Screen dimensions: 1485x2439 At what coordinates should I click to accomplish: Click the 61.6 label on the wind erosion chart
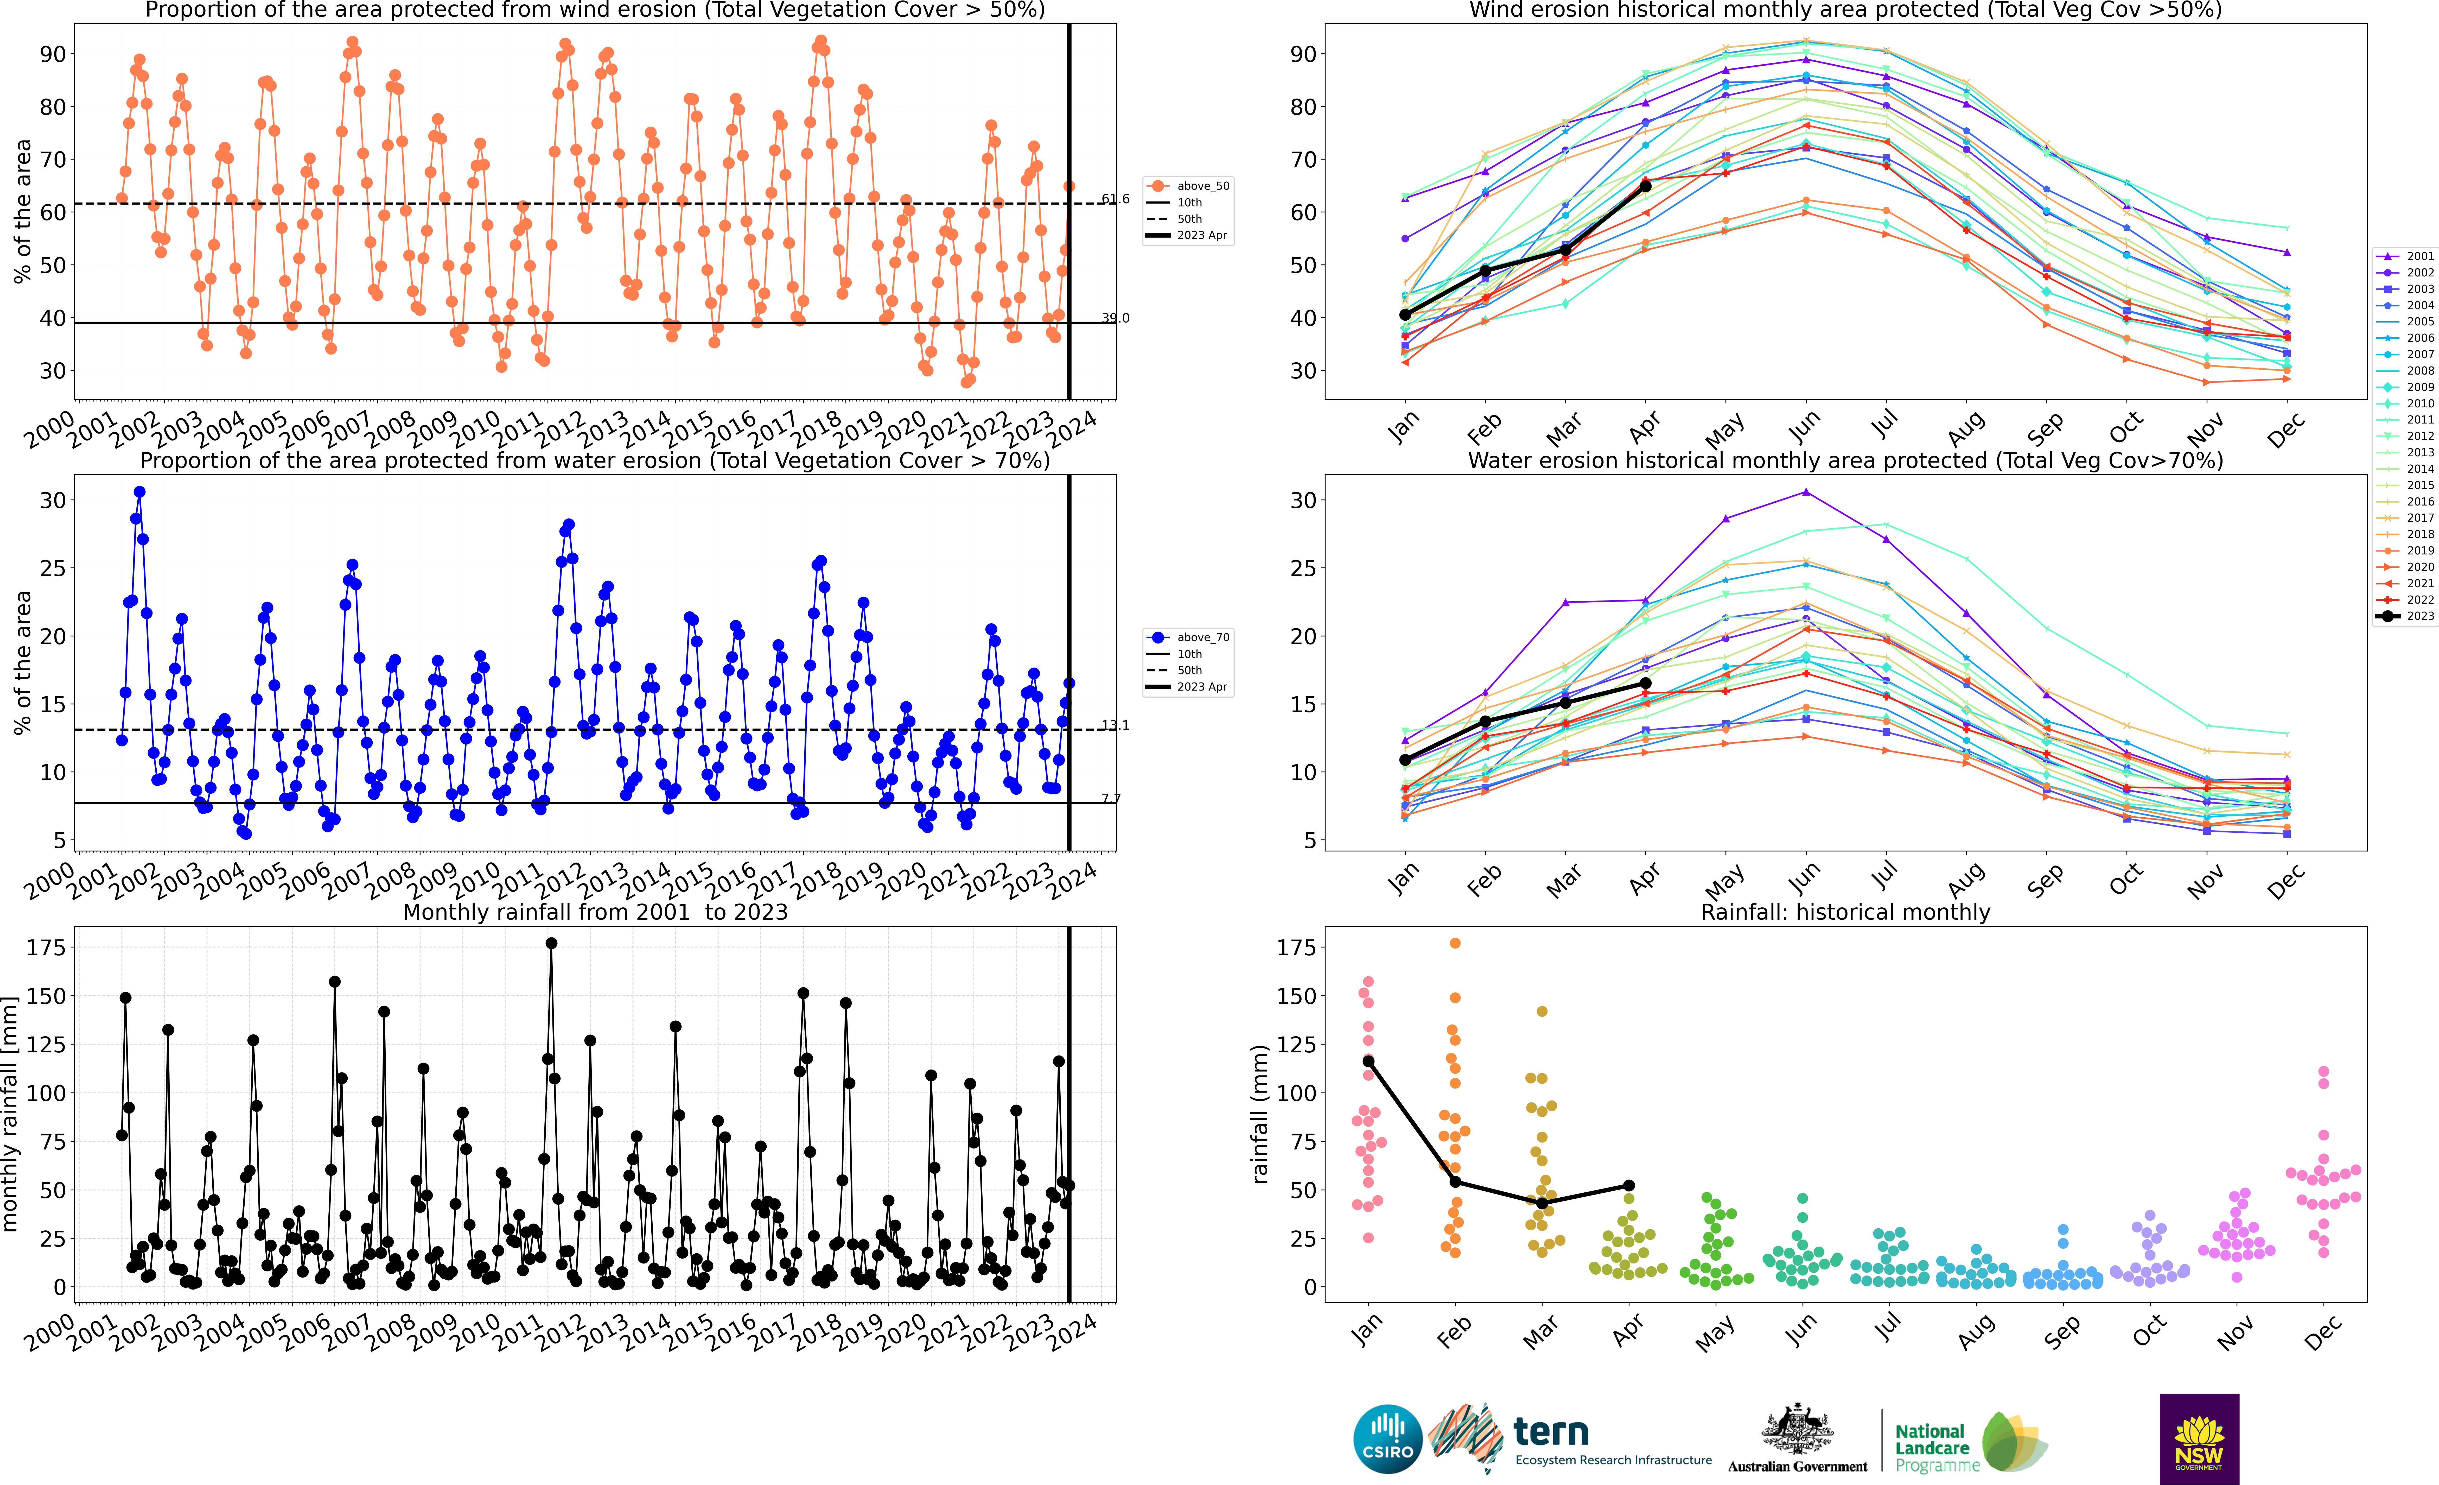[1116, 199]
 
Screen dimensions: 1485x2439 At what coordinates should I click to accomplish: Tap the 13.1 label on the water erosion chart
[1116, 726]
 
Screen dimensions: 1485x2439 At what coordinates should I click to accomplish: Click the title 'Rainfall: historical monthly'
[1845, 912]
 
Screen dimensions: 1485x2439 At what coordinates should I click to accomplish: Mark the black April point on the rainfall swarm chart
[1628, 1185]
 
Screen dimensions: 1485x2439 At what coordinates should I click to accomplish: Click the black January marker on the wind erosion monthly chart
[1406, 315]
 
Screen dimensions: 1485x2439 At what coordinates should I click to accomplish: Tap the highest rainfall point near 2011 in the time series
[551, 944]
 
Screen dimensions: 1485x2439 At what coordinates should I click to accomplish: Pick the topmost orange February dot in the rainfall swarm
[1455, 944]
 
